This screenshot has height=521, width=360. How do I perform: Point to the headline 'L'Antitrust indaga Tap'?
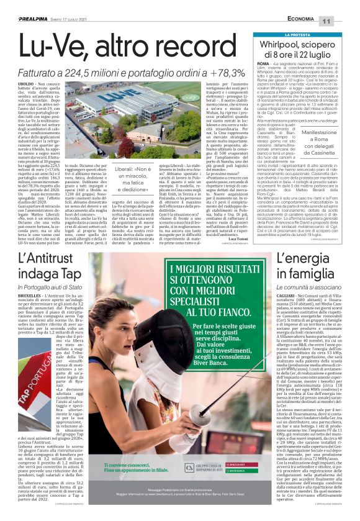(x=48, y=264)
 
